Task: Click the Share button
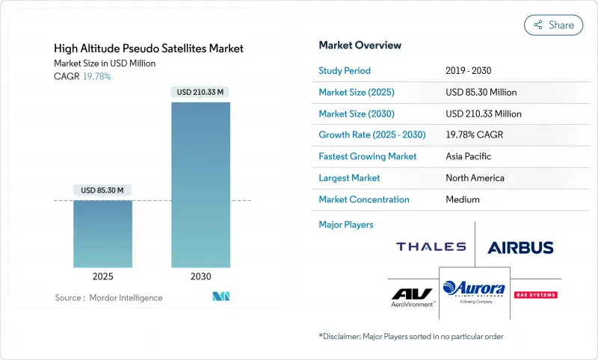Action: [x=554, y=25]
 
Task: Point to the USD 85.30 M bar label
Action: [x=102, y=190]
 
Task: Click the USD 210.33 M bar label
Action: [x=200, y=93]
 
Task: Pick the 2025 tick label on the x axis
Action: [x=102, y=276]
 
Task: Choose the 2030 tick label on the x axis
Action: [x=200, y=276]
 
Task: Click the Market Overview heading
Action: [x=360, y=45]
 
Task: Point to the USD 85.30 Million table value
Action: [x=481, y=93]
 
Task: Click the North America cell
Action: [x=474, y=178]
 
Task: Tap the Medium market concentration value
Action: [x=462, y=199]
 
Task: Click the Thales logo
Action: [x=431, y=246]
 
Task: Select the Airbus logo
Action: [x=520, y=247]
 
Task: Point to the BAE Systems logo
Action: [x=536, y=294]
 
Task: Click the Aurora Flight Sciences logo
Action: [x=474, y=291]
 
